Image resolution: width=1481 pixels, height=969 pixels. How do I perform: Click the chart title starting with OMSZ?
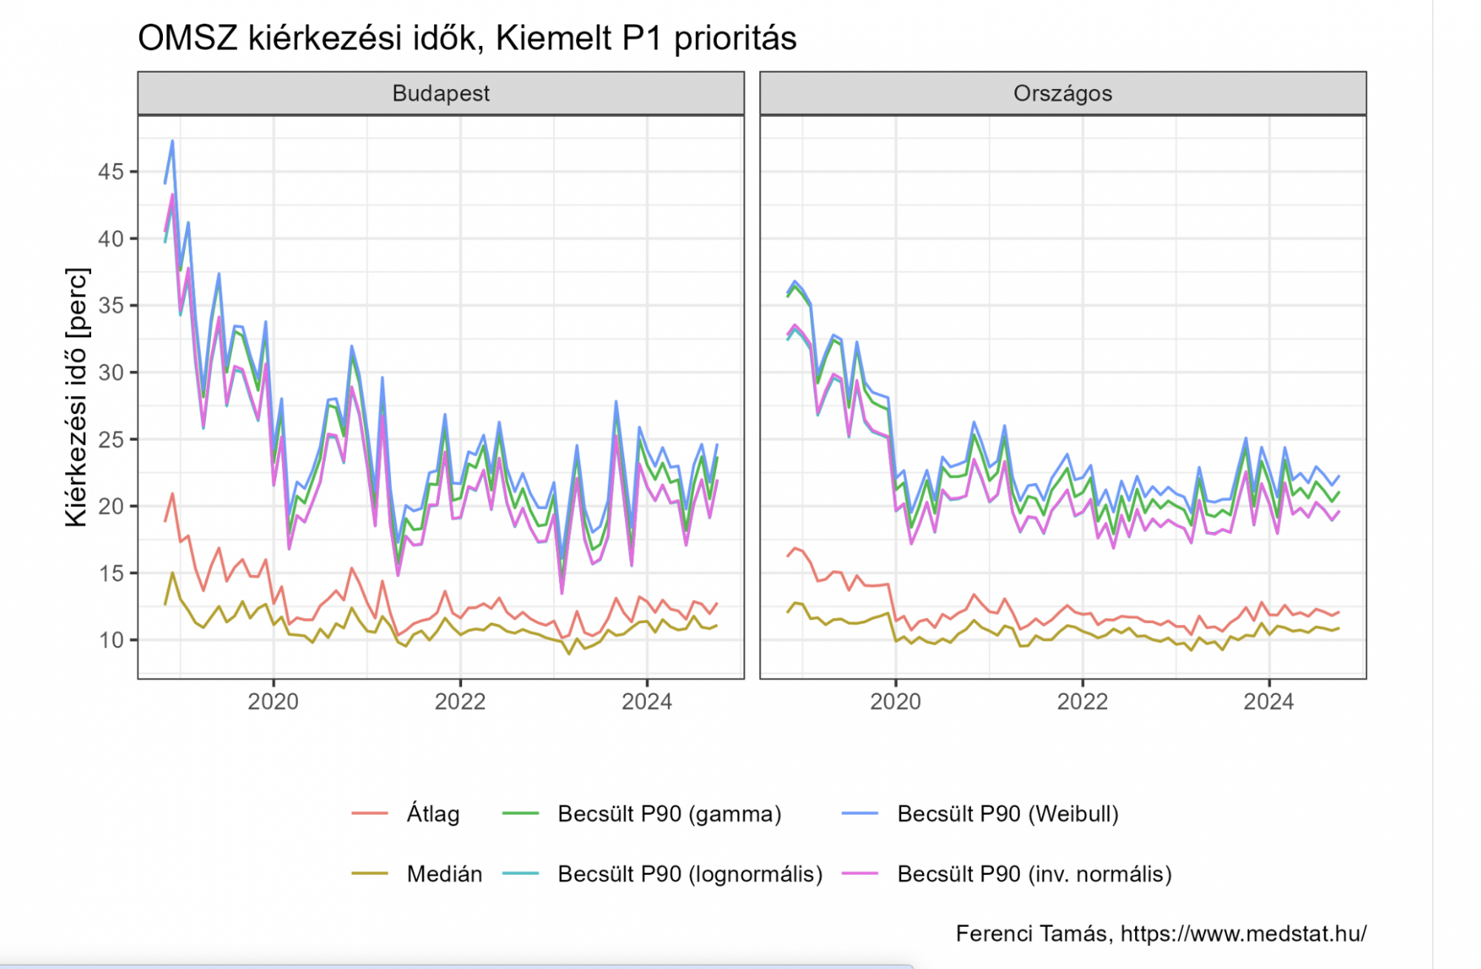point(467,38)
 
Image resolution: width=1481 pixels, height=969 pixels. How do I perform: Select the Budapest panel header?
point(441,93)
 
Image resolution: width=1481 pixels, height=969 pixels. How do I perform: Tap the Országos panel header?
point(1063,93)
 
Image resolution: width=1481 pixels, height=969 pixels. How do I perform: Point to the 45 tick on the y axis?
point(111,172)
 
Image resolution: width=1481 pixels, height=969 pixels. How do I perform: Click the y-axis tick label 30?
point(111,373)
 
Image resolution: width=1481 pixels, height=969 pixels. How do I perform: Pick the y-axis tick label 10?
point(111,640)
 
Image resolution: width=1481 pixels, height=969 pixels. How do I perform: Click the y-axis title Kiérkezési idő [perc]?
point(76,397)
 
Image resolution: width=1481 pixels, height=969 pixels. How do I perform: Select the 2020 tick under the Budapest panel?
point(273,702)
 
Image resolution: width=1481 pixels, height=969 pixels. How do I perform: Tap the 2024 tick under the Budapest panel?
point(646,702)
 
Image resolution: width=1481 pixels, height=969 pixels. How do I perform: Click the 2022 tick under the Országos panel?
point(1082,702)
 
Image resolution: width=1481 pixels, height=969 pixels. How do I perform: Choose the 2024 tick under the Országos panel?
point(1268,702)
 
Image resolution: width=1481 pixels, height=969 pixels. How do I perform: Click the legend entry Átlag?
point(432,813)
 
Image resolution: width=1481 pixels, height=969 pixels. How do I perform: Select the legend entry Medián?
point(444,874)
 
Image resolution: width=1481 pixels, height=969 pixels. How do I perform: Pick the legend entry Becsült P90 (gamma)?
point(669,813)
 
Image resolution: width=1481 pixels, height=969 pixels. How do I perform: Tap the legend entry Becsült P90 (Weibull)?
point(1007,813)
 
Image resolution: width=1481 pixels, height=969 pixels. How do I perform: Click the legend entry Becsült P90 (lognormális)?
point(690,874)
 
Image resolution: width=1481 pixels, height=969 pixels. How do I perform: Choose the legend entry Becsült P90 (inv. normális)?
point(1034,874)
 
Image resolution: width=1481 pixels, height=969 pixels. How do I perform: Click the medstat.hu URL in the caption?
point(1243,933)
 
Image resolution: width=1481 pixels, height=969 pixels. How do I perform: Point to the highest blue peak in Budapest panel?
point(173,141)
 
